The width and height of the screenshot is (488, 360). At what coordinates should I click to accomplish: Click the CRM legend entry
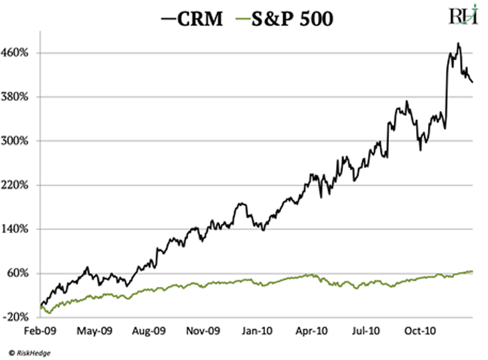pos(193,19)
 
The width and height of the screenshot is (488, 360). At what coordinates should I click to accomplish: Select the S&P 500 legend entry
pos(287,19)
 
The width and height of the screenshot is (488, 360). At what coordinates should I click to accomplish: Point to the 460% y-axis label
pos(20,53)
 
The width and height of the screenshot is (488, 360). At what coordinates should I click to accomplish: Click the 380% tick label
pos(20,97)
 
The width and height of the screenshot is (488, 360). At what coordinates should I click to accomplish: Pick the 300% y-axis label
pos(20,141)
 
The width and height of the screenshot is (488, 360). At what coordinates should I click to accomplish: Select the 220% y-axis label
pos(20,185)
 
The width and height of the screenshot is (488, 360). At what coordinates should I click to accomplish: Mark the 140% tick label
pos(20,229)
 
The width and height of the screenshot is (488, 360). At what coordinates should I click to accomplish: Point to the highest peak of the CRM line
pos(458,43)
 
